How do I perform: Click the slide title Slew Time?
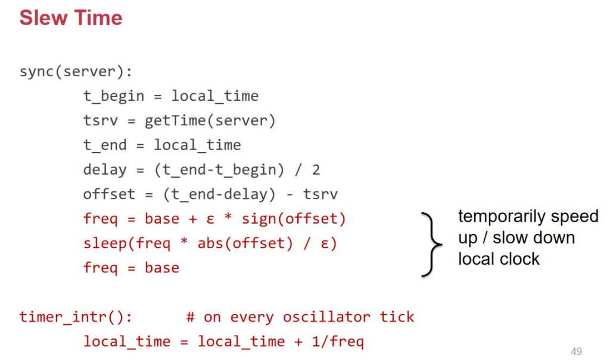(x=71, y=18)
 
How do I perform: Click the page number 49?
(x=576, y=352)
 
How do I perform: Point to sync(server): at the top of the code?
(x=76, y=72)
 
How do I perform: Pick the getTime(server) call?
(x=210, y=121)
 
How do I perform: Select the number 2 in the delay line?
(x=316, y=170)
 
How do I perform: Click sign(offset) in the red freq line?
(x=294, y=219)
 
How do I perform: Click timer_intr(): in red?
(x=76, y=316)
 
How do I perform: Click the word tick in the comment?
(x=397, y=316)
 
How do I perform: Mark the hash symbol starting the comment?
(x=190, y=316)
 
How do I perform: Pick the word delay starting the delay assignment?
(x=105, y=170)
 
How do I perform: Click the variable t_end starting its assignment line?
(x=105, y=145)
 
